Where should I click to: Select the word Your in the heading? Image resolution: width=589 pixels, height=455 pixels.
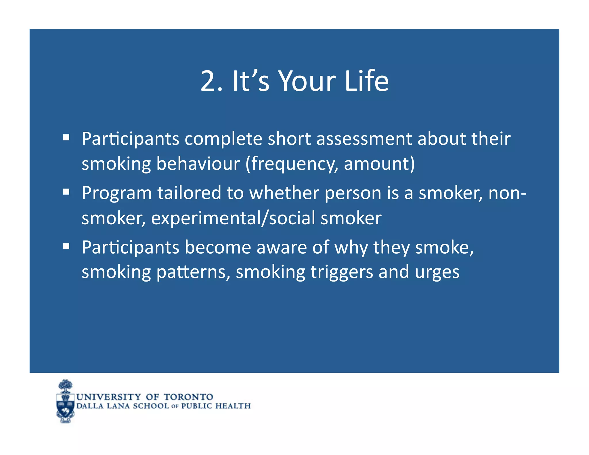(307, 81)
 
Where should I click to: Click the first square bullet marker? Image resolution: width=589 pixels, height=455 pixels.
(66, 137)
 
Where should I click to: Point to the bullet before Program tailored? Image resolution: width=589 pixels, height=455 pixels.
(66, 192)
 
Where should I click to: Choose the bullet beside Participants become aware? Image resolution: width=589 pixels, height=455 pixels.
(66, 246)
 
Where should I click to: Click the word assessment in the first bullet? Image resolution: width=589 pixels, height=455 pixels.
(364, 139)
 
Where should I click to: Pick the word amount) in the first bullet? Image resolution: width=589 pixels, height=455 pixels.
(379, 164)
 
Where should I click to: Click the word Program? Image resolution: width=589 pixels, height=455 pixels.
(116, 193)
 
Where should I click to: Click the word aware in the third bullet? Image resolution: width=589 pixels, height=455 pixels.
(282, 247)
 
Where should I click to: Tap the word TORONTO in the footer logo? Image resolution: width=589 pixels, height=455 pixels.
(188, 397)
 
